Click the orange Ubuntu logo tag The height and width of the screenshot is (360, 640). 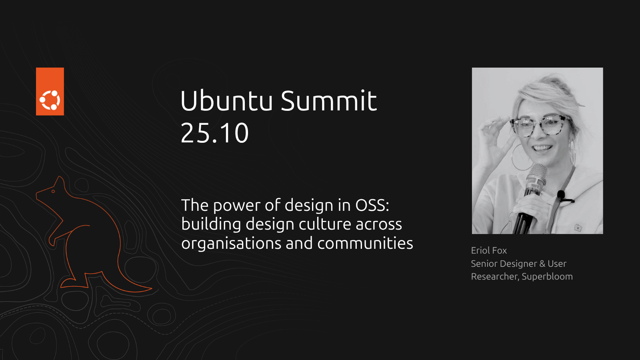50,92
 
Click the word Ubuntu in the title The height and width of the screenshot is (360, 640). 226,100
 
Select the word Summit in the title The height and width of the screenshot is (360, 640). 329,100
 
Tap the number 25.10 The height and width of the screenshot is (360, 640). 214,133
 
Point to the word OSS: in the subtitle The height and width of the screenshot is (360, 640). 372,205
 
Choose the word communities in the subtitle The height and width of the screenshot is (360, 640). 365,243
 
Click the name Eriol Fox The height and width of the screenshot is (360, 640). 489,250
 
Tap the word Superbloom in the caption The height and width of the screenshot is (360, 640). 547,276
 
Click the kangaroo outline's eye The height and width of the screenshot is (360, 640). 53,192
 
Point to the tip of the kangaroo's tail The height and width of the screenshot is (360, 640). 152,288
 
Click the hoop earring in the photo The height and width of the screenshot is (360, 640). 520,157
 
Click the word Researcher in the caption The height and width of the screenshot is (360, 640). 494,276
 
